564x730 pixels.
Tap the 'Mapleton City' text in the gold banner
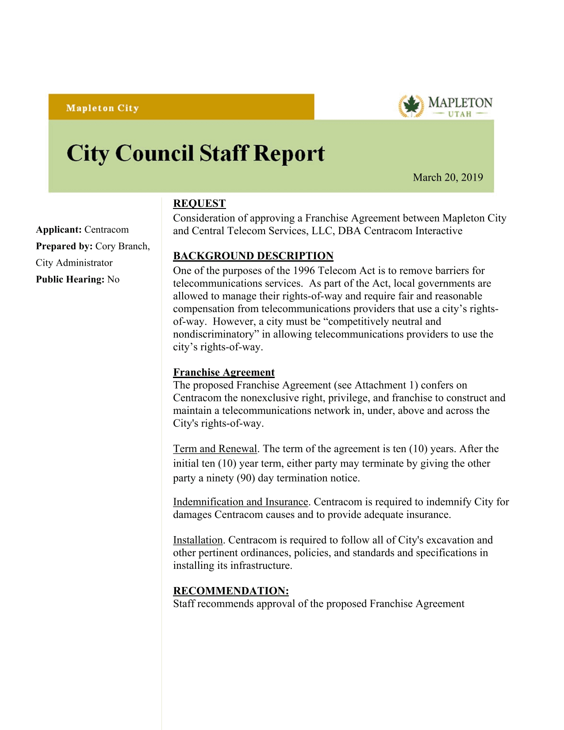click(102, 108)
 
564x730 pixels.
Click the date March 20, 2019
click(448, 178)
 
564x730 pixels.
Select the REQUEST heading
click(199, 203)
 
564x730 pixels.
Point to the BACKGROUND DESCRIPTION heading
click(253, 256)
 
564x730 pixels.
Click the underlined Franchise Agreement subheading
click(224, 372)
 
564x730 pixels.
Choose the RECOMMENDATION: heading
click(231, 591)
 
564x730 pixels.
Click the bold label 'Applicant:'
click(59, 230)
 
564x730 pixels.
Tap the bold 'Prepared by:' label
click(64, 246)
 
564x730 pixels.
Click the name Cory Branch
click(122, 246)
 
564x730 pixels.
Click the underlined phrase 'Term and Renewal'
click(215, 449)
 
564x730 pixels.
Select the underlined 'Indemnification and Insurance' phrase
click(241, 502)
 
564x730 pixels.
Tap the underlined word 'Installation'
click(198, 540)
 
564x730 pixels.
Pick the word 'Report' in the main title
click(289, 154)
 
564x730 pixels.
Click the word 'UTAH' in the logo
click(460, 114)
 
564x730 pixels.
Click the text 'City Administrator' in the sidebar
click(74, 263)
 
